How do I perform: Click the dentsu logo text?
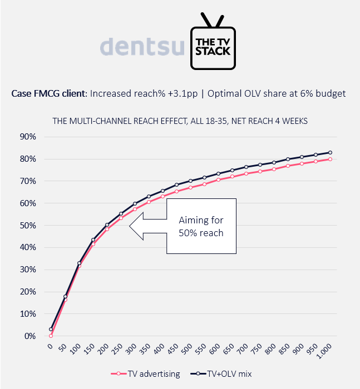click(x=142, y=47)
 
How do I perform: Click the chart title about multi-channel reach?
click(x=179, y=120)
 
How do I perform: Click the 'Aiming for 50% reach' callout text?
click(x=201, y=227)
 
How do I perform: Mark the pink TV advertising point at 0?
click(x=51, y=336)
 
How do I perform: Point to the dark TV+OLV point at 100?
click(x=79, y=263)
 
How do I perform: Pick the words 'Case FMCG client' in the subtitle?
click(x=47, y=93)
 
